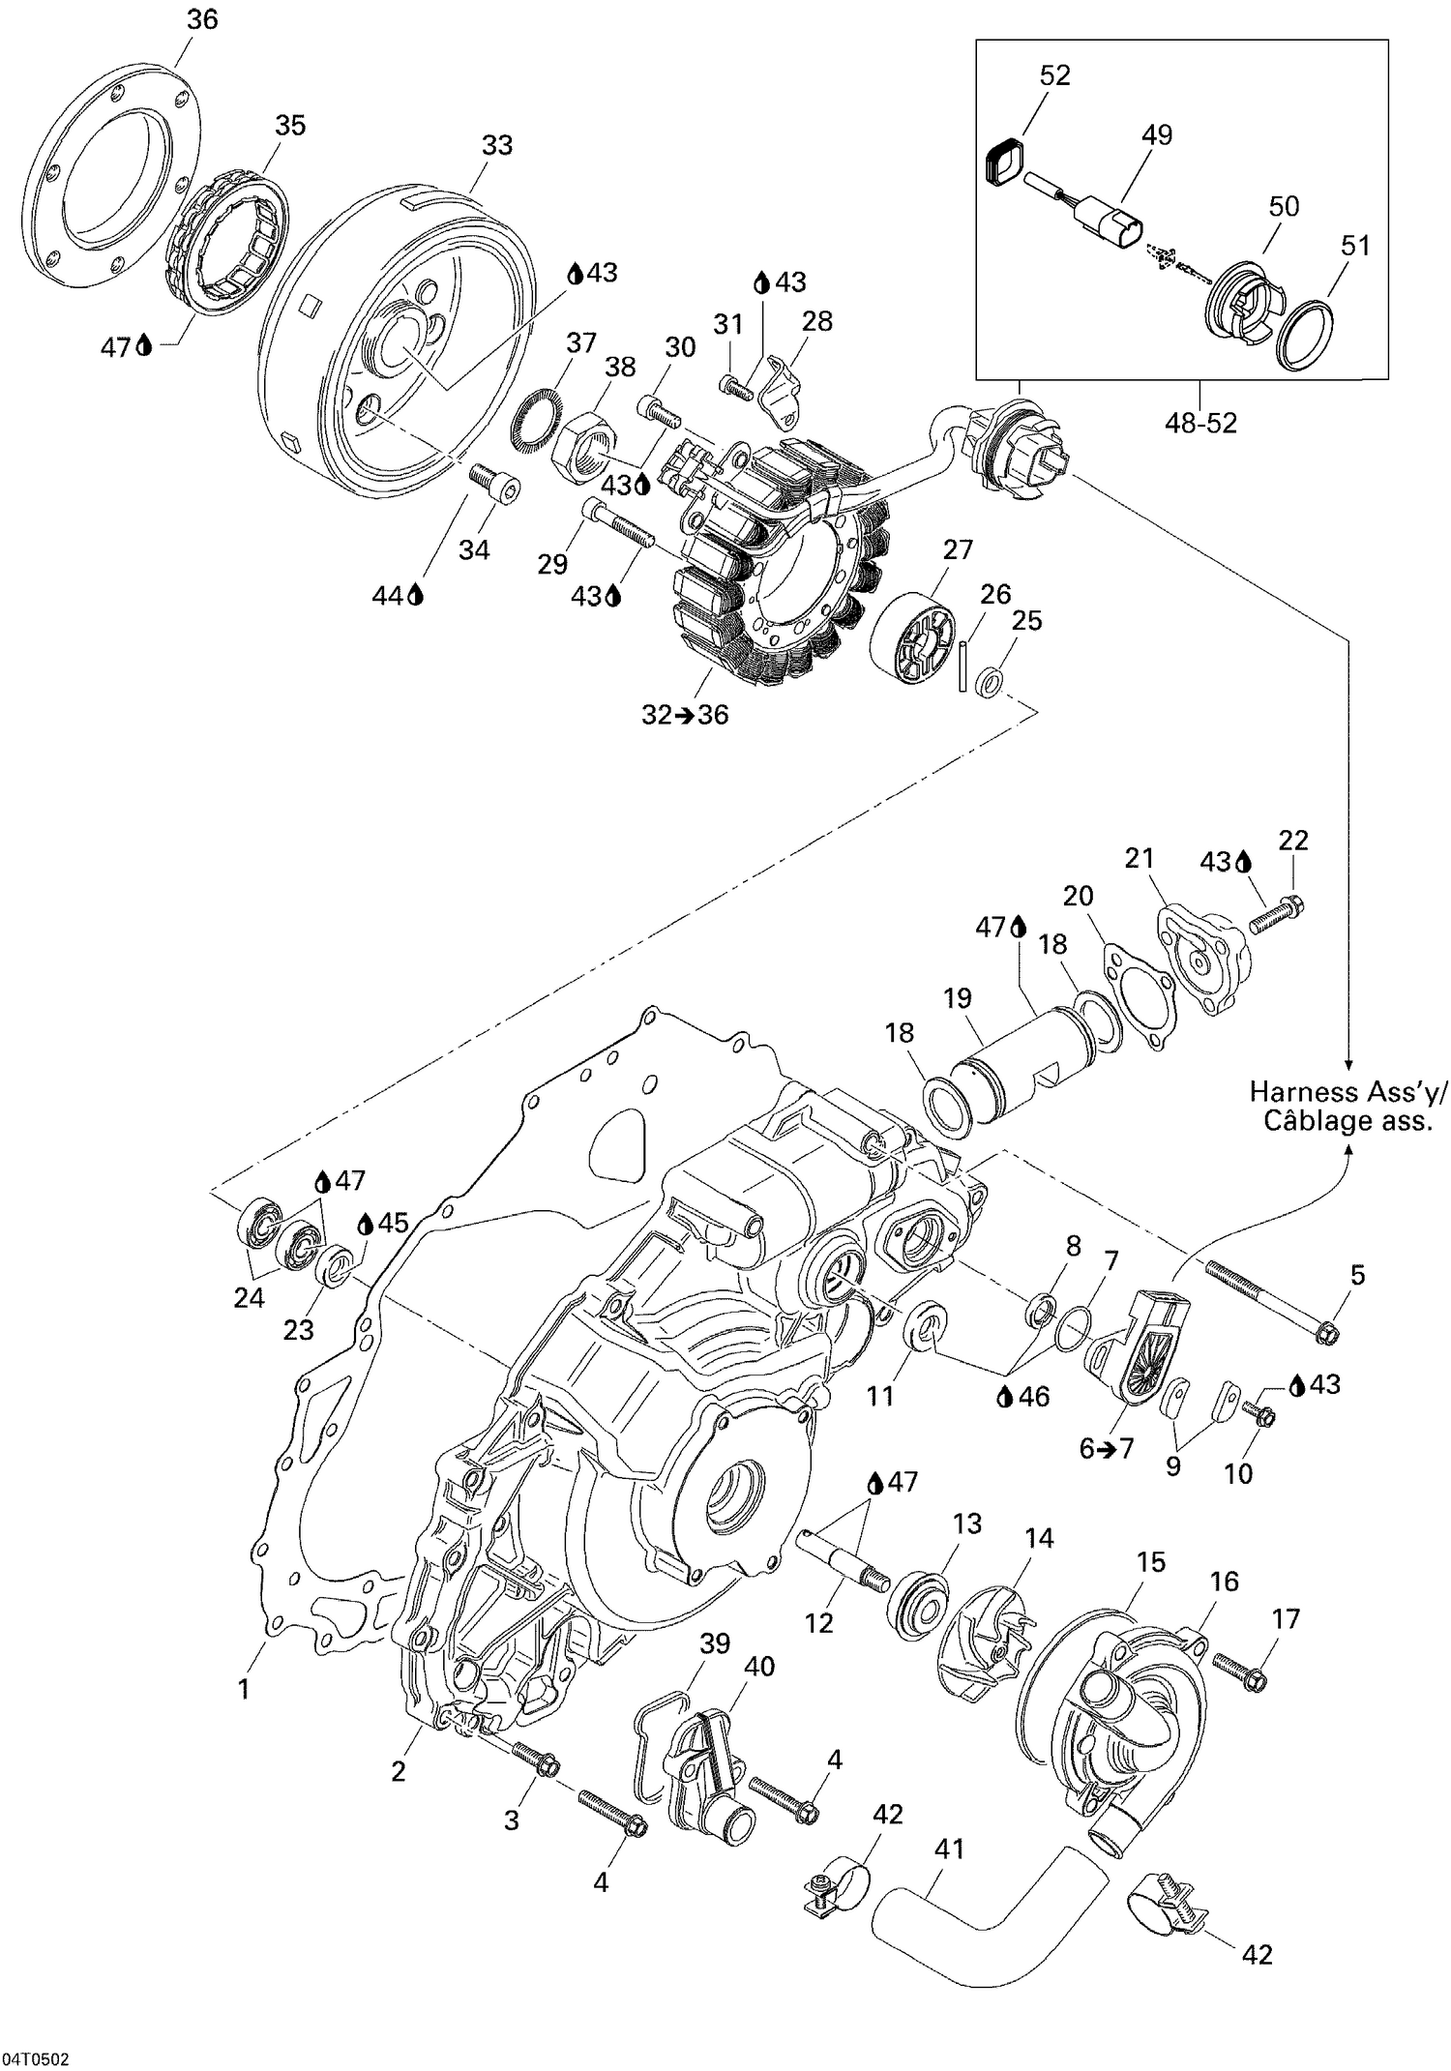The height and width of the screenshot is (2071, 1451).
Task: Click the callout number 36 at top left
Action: click(x=202, y=19)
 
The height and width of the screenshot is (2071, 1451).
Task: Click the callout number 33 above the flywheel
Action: click(x=496, y=145)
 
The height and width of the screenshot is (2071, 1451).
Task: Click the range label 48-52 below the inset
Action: click(x=1200, y=423)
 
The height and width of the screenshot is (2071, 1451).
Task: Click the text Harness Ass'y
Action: click(x=1347, y=1092)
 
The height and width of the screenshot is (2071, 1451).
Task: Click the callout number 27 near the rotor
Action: click(x=958, y=549)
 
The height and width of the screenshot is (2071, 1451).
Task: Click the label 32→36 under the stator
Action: click(x=685, y=715)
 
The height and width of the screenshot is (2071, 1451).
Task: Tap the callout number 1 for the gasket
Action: click(x=244, y=1689)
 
